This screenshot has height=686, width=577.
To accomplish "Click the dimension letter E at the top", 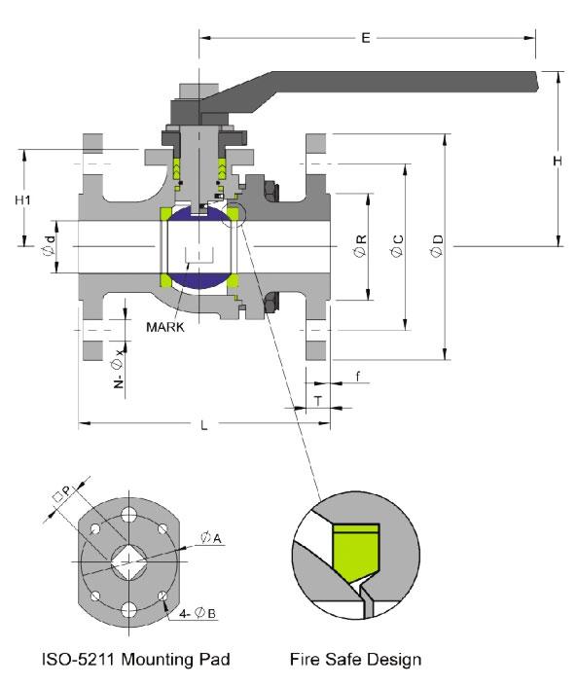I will pyautogui.click(x=366, y=38).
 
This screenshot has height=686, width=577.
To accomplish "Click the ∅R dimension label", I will pyautogui.click(x=362, y=246).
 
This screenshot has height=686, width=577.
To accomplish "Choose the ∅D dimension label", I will pyautogui.click(x=438, y=246).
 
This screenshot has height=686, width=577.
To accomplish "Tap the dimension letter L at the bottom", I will pyautogui.click(x=201, y=424).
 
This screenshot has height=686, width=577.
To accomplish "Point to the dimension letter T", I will pyautogui.click(x=317, y=400).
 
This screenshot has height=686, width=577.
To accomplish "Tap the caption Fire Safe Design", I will pyautogui.click(x=355, y=660).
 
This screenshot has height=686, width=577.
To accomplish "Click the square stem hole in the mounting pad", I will pyautogui.click(x=127, y=559).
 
